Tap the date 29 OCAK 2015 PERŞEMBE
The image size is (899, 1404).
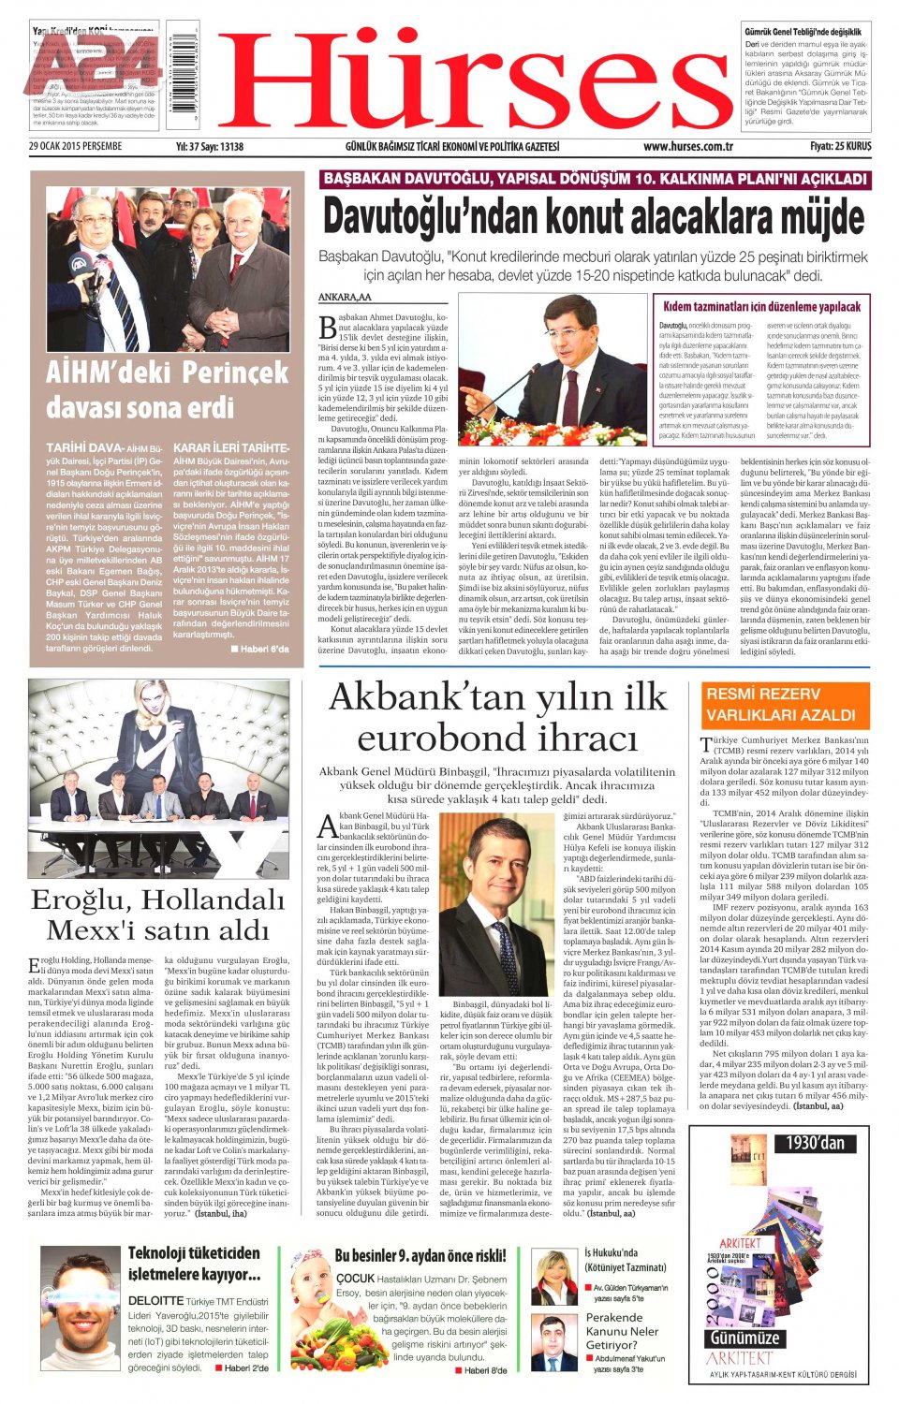point(75,147)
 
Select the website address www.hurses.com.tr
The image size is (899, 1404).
point(687,147)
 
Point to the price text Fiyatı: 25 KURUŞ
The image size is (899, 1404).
point(840,147)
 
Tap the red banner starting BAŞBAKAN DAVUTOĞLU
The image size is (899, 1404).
point(595,179)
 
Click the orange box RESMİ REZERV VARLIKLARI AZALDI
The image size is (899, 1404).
point(785,705)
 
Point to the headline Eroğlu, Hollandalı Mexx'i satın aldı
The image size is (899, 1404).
point(157,914)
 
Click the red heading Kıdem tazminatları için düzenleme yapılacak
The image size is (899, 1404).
point(761,306)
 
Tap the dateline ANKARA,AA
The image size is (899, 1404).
point(345,298)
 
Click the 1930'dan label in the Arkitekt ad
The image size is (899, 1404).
point(815,1143)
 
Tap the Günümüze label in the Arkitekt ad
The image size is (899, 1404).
point(744,1337)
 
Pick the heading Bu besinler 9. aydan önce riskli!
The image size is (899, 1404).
point(420,1256)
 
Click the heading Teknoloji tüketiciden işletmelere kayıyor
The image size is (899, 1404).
point(194,1263)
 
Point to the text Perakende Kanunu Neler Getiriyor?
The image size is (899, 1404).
point(622,1330)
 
